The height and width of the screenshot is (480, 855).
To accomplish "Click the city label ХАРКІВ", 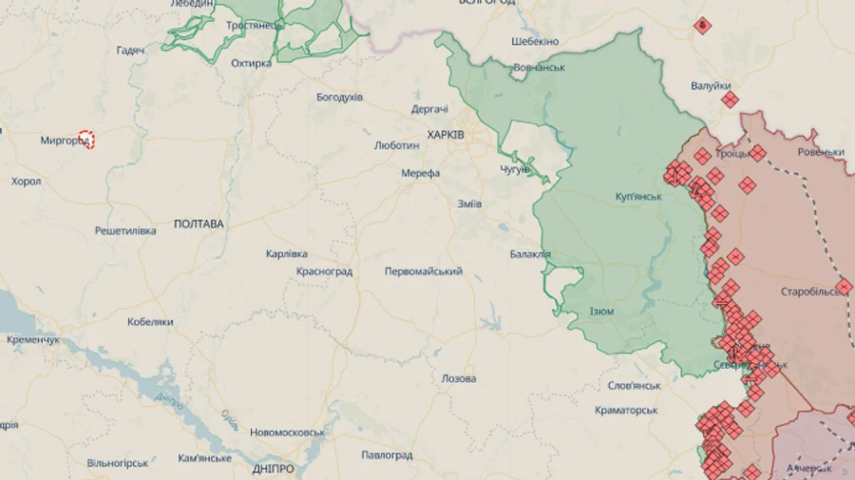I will (x=446, y=136).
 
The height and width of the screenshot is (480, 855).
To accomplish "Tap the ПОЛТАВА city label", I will (x=199, y=224).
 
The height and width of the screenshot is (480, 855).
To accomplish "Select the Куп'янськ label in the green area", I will (x=638, y=197).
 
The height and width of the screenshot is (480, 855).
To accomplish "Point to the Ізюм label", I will (x=601, y=312).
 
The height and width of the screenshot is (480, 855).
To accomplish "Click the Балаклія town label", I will (x=530, y=254).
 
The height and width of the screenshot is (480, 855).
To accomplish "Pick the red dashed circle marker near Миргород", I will (x=86, y=139).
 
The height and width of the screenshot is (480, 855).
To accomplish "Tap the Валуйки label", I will (x=711, y=86).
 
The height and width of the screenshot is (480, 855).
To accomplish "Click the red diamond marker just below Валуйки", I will (x=730, y=99).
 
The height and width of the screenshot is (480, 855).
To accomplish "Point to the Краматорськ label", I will (x=626, y=410).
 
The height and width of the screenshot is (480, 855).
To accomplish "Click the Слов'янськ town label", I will (x=635, y=386).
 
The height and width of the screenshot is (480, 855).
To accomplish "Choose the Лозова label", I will (x=459, y=378).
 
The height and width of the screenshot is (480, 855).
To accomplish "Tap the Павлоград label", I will (x=387, y=455).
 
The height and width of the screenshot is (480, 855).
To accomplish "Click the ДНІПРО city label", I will (x=273, y=469).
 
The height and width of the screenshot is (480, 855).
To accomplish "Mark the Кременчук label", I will (x=32, y=339).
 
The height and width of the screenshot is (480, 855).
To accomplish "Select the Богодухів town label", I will (x=339, y=97).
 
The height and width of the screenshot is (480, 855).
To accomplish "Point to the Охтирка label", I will (x=251, y=64).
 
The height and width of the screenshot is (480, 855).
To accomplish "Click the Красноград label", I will (x=324, y=272).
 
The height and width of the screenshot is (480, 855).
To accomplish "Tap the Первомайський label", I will (x=423, y=272).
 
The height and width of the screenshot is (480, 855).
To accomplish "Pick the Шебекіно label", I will (x=535, y=42).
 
